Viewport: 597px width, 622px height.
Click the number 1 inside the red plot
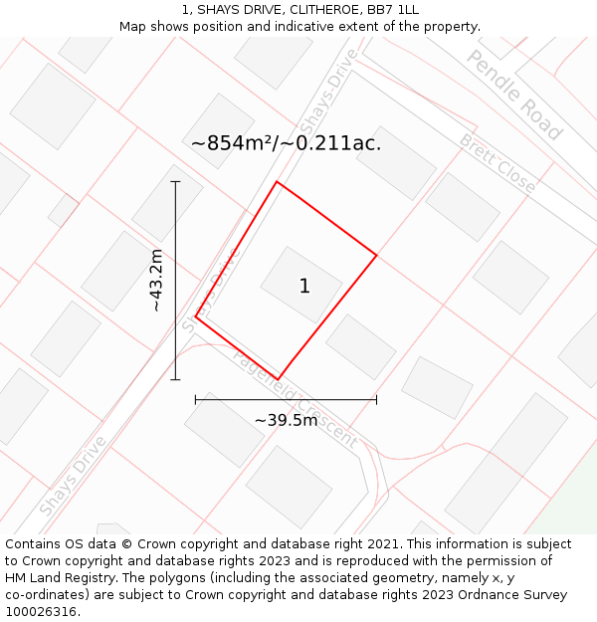(x=304, y=287)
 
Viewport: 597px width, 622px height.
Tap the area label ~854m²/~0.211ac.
(x=286, y=143)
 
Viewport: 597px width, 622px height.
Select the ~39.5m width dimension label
(x=286, y=420)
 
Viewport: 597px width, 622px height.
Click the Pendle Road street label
(x=514, y=94)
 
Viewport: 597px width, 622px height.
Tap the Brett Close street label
(x=497, y=163)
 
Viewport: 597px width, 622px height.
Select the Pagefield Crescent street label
(x=295, y=398)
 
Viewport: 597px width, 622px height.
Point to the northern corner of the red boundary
(x=277, y=182)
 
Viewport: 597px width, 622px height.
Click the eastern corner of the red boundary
(x=376, y=256)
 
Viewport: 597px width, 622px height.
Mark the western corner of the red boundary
(x=196, y=315)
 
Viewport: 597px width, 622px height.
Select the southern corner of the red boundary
(x=277, y=379)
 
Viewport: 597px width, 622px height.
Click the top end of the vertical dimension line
(x=175, y=182)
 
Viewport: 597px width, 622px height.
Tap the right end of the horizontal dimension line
(x=376, y=399)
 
